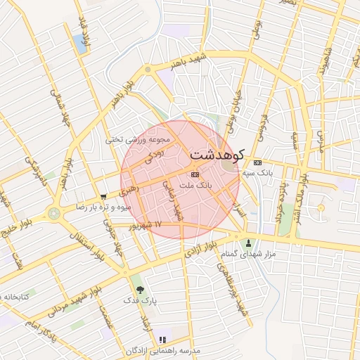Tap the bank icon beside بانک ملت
point(195,174)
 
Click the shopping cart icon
point(103,197)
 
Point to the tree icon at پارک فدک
point(139,289)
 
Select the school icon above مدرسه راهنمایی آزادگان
point(163,340)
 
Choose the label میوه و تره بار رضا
point(104,208)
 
